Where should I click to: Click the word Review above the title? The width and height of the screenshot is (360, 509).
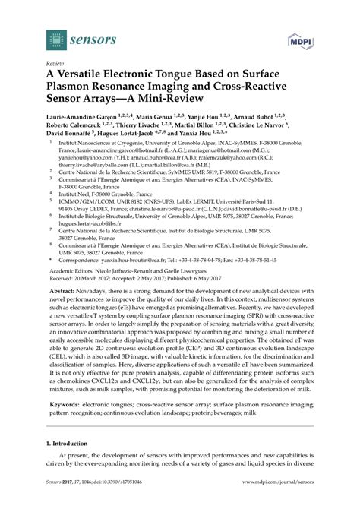[x=55, y=65]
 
